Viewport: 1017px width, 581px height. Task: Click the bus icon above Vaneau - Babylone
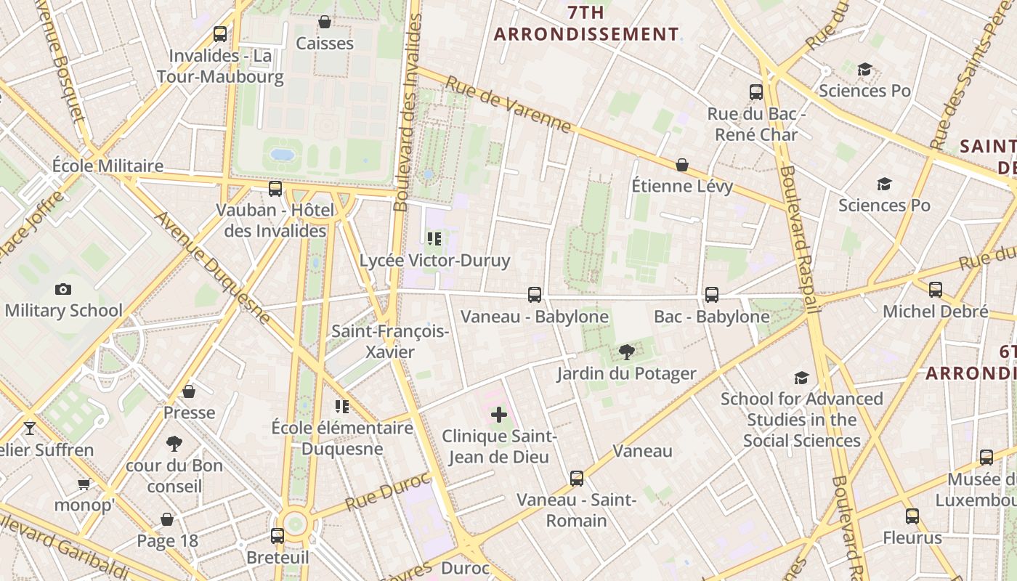[x=535, y=295]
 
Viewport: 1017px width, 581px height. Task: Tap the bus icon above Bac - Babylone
[x=712, y=295]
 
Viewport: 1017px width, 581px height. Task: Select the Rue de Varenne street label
[x=508, y=105]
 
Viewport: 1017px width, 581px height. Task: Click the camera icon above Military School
[x=63, y=290]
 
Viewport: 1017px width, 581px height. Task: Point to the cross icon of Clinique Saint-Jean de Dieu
[x=499, y=415]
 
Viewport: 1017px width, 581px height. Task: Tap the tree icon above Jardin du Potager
[x=626, y=353]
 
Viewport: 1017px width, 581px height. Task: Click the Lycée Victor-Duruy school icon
[x=434, y=239]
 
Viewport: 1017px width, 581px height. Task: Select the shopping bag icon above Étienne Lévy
[x=682, y=166]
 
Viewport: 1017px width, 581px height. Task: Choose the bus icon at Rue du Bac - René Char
[x=756, y=92]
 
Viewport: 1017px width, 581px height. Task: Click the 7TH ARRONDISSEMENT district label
[x=587, y=23]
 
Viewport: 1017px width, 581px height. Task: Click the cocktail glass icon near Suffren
[x=30, y=428]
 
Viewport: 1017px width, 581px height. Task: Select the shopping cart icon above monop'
[x=84, y=484]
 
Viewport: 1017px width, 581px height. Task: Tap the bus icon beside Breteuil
[x=277, y=536]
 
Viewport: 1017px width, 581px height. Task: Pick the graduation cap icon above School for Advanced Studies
[x=801, y=378]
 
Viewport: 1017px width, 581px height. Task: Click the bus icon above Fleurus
[x=912, y=516]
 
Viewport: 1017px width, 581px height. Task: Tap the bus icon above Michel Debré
[x=936, y=290]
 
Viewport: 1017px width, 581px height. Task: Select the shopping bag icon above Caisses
[x=325, y=23]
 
